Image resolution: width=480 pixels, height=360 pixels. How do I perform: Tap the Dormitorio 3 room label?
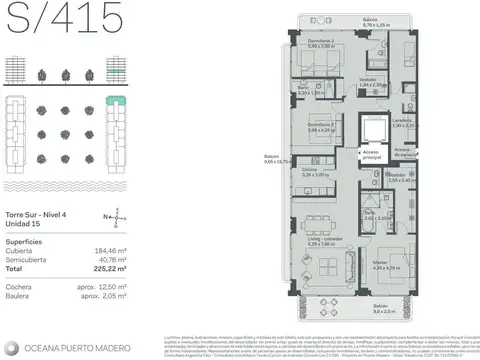pyautogui.click(x=321, y=127)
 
